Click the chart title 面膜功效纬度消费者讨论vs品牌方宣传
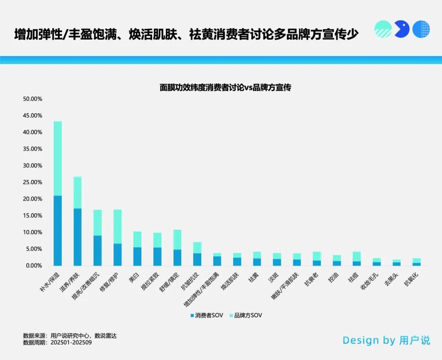click(225, 88)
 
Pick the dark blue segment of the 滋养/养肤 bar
click(77, 237)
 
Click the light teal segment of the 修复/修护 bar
click(117, 227)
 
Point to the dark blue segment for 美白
click(137, 256)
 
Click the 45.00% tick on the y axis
click(33, 116)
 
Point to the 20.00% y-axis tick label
click(33, 199)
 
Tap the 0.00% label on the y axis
click(34, 265)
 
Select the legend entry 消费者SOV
click(207, 315)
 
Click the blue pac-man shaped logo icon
click(402, 29)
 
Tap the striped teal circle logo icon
click(383, 29)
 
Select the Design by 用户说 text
click(386, 340)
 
